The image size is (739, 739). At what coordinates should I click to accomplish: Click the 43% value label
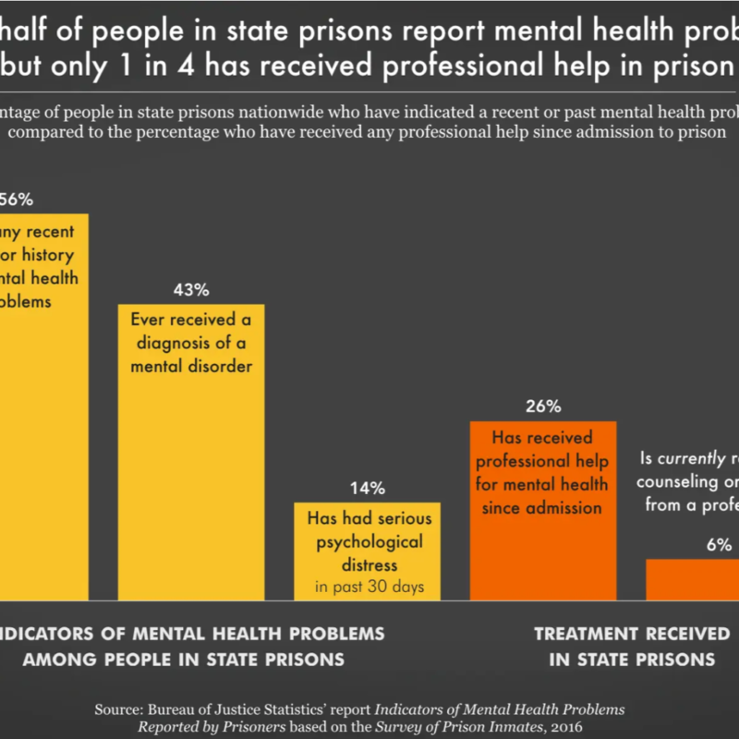pyautogui.click(x=191, y=289)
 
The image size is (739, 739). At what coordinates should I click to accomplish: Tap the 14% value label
pyautogui.click(x=367, y=488)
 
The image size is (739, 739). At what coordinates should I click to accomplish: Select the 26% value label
pyautogui.click(x=542, y=406)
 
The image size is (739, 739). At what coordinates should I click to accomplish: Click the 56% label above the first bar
pyautogui.click(x=16, y=200)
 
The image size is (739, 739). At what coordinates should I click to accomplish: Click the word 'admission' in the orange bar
pyautogui.click(x=559, y=507)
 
